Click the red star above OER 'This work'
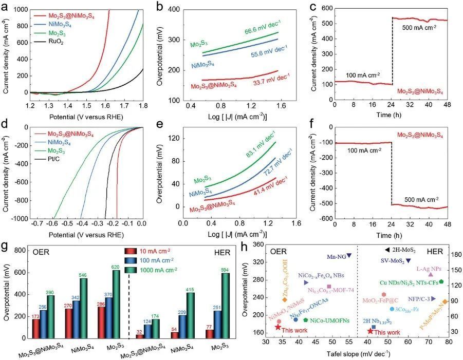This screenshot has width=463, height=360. tap(278, 327)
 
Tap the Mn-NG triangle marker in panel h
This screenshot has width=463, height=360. tap(349, 255)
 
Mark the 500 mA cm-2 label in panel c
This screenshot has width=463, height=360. tap(419, 27)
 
